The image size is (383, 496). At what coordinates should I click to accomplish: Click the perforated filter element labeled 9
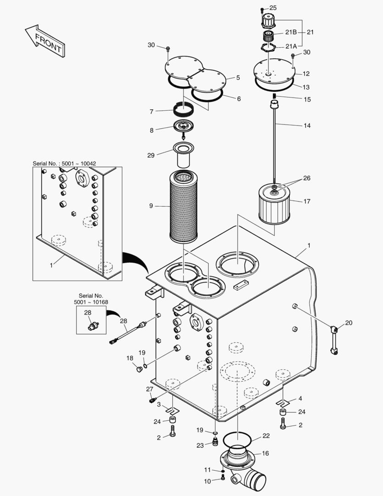click(x=183, y=207)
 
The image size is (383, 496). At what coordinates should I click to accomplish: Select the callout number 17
click(x=306, y=201)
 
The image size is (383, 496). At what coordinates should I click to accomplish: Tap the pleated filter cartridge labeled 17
click(x=274, y=204)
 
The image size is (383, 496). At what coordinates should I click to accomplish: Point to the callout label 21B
click(x=291, y=32)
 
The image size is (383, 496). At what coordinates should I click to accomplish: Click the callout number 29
click(x=151, y=155)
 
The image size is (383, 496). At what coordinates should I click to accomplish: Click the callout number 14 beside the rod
click(x=307, y=125)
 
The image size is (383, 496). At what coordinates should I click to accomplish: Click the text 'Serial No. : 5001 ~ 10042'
click(x=64, y=163)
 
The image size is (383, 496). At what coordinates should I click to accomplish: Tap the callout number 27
click(x=150, y=389)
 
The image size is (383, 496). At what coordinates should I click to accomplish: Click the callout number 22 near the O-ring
click(x=266, y=436)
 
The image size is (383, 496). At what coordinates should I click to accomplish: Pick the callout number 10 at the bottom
click(x=207, y=481)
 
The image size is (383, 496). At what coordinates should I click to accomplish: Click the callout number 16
click(x=265, y=453)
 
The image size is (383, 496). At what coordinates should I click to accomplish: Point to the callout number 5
click(x=238, y=78)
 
